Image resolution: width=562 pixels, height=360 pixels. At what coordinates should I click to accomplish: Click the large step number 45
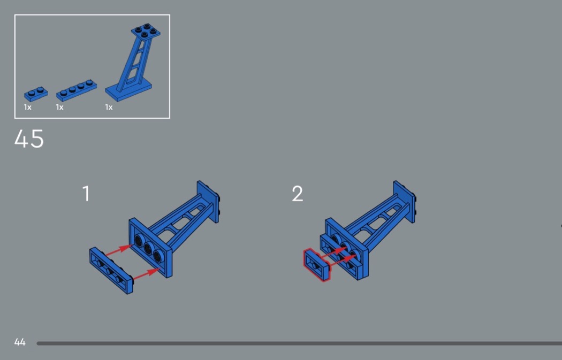tap(29, 139)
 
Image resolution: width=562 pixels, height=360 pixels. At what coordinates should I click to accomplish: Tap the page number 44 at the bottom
tap(20, 342)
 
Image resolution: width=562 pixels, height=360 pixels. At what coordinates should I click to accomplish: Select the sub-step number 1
tap(86, 194)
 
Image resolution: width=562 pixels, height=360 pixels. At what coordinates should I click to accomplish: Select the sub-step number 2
tap(298, 194)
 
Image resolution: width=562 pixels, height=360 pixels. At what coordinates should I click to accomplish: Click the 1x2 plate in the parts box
tap(36, 94)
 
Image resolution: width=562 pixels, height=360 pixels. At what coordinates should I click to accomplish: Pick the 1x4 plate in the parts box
tap(77, 90)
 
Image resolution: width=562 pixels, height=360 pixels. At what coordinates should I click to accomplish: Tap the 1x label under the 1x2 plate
tap(28, 107)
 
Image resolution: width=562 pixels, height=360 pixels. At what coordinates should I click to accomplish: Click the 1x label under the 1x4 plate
tap(59, 107)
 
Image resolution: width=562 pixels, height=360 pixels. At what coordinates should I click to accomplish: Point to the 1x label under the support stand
tap(109, 107)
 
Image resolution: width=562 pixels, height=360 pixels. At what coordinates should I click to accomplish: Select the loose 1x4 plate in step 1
tap(111, 271)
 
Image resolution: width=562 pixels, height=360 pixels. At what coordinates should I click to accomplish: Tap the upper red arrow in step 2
tap(332, 252)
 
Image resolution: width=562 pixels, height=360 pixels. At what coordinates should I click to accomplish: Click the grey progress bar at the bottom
tap(299, 343)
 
